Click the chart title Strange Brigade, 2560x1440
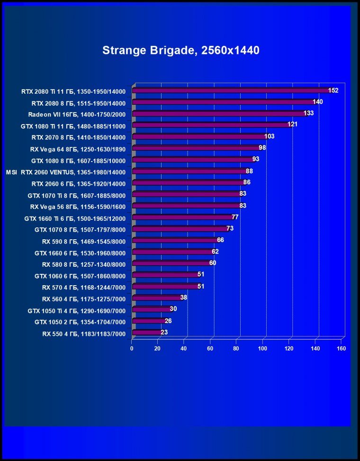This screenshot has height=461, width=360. tap(180, 51)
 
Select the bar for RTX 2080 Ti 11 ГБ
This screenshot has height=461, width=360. tap(232, 90)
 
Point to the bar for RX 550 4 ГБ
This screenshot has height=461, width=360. tap(147, 333)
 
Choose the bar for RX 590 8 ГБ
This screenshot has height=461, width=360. tap(175, 240)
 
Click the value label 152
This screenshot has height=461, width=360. tap(333, 90)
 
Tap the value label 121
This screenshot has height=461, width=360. tap(292, 125)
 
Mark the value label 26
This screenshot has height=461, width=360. tap(168, 321)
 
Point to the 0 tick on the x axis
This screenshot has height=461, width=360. tap(132, 349)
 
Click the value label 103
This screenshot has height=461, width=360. tap(269, 136)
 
